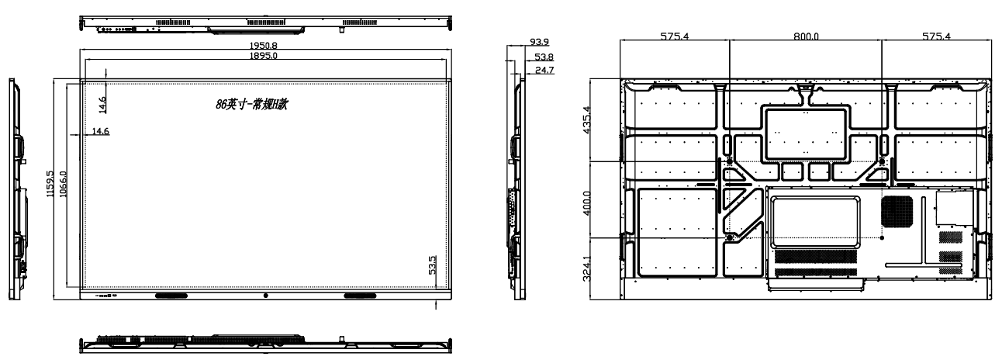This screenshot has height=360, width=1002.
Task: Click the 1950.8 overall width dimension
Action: coord(263,45)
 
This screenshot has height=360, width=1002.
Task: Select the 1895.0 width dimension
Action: coord(263,56)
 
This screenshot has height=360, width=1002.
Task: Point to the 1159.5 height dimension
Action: coord(50,183)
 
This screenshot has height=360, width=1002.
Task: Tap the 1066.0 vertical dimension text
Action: coord(63,184)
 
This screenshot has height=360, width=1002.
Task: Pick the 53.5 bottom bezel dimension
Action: coord(432,265)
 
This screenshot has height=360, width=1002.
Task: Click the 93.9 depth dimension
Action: coord(539,42)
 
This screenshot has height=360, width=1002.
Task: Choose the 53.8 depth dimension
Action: coord(544,57)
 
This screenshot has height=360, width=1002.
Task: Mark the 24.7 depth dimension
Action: coord(544,70)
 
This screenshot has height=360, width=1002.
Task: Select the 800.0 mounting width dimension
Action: coord(806,36)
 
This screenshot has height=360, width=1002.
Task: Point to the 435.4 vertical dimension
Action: coord(587,119)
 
